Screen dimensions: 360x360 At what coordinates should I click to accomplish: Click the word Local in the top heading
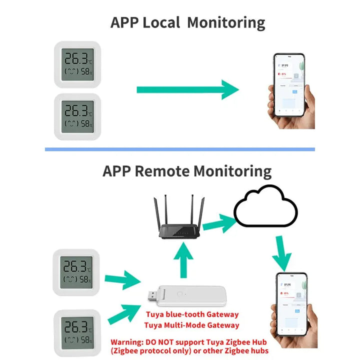pos(161,23)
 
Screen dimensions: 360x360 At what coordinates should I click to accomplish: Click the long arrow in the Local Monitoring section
pos(187,89)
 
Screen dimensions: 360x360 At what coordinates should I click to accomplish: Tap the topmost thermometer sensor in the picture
pos(78,64)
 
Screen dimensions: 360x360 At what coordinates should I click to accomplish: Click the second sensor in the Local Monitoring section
pos(78,116)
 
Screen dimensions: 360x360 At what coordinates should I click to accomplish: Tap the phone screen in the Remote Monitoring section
pos(291,303)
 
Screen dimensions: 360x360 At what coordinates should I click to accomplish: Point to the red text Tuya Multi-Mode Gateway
pos(191,325)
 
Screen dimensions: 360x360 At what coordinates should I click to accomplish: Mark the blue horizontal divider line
pos(180,149)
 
